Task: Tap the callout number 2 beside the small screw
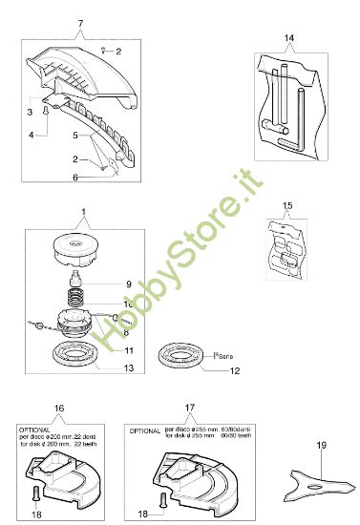(119, 51)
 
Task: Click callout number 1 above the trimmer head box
(83, 210)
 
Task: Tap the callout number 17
(191, 406)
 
